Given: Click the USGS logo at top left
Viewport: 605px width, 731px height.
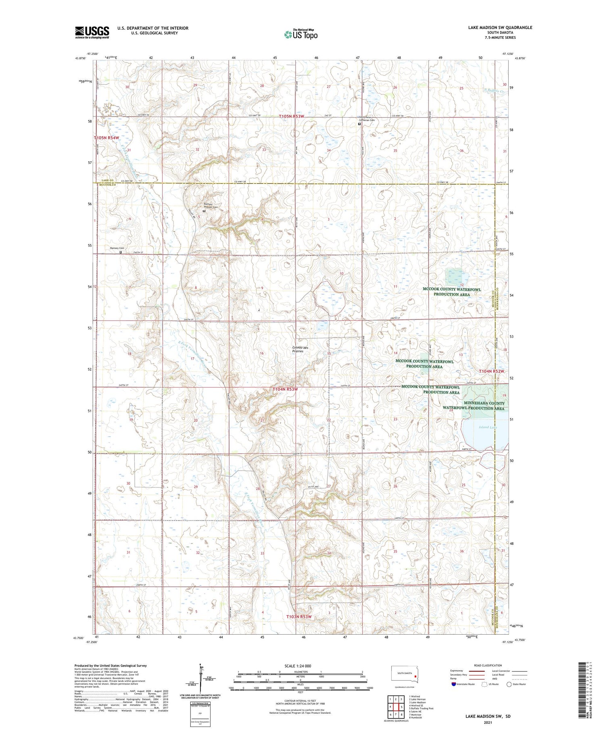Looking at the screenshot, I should [x=92, y=32].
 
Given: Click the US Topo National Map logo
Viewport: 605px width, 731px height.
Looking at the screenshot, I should [x=300, y=35].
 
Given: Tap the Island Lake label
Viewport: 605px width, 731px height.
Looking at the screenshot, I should [x=488, y=427].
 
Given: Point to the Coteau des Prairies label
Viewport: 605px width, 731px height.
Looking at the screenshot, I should [x=300, y=349].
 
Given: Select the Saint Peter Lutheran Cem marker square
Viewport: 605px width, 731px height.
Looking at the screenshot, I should [x=359, y=124].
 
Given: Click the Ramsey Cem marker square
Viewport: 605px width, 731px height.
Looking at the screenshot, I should [x=121, y=252].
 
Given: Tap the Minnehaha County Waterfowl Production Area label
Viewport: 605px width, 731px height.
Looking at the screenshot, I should [x=474, y=406].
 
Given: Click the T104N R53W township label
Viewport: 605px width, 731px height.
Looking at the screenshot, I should [x=285, y=389].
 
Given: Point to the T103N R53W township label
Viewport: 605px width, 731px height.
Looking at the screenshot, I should [x=299, y=616].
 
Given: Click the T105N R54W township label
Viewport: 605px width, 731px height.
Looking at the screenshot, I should [x=107, y=138].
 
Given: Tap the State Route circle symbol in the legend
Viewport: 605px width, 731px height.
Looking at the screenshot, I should [x=509, y=684].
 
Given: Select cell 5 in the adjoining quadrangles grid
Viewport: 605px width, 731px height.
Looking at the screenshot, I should [x=402, y=707].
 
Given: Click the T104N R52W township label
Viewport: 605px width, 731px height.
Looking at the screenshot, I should [x=491, y=371].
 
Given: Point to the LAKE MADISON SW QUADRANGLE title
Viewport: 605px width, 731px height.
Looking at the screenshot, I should [x=500, y=27].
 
